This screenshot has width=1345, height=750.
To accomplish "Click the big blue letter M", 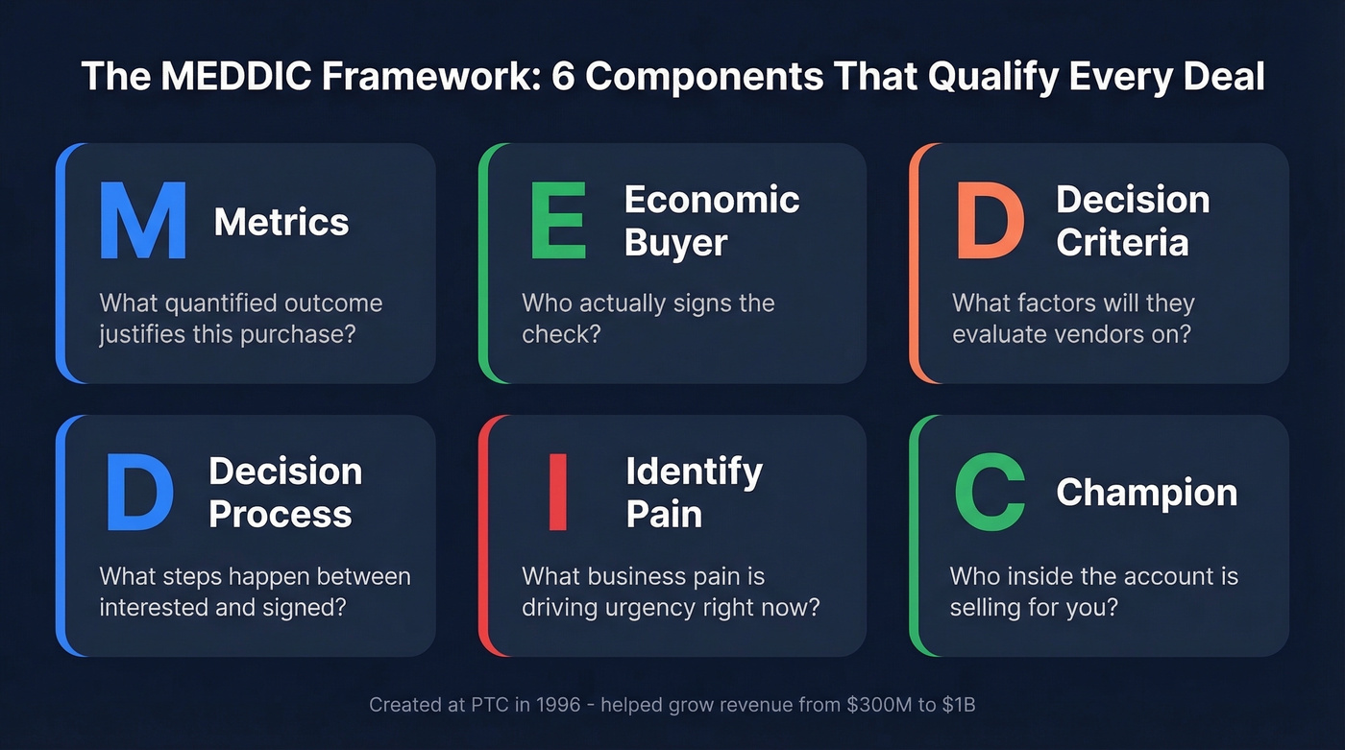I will point(142,221).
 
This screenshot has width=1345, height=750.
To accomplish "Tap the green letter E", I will point(558,221).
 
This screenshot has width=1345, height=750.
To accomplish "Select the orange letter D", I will point(990,221).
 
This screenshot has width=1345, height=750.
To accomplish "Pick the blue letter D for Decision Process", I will point(139,493).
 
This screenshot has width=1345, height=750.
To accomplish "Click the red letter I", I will point(557,493).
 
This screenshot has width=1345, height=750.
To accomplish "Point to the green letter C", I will point(990,493).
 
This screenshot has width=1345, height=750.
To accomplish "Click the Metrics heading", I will point(281,222).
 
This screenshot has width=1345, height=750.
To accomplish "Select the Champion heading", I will point(1146,493).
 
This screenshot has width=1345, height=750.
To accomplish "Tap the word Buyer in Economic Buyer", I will point(675,242).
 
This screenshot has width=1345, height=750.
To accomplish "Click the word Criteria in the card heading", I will point(1122,242).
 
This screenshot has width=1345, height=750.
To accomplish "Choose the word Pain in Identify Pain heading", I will point(664,514).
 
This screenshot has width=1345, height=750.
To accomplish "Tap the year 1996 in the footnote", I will point(554,705).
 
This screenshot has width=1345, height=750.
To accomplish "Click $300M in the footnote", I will point(870,705).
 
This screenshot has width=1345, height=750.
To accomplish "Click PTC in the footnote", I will point(491,705).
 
